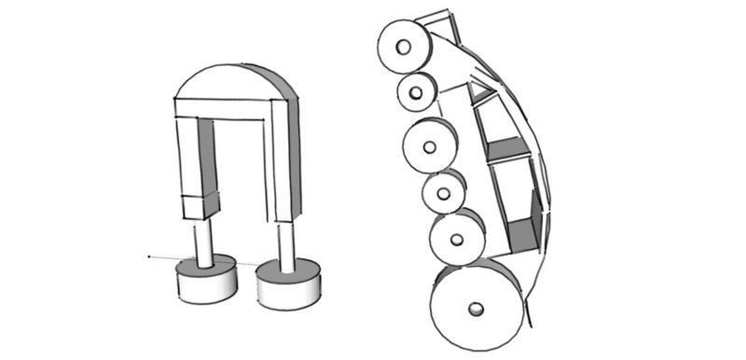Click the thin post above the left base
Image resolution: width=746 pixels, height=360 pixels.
click(x=204, y=240)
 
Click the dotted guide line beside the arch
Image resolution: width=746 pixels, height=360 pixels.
click(x=163, y=256)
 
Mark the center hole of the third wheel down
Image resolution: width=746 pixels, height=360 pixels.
click(x=429, y=148)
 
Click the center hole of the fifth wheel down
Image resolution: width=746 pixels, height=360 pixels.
click(x=456, y=240)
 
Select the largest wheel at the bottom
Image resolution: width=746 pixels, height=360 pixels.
click(x=476, y=307)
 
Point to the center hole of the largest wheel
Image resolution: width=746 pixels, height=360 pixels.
click(x=476, y=309)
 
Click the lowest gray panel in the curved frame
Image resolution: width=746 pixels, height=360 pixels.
click(x=525, y=228)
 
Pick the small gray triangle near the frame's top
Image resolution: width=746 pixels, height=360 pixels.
click(x=480, y=91)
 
